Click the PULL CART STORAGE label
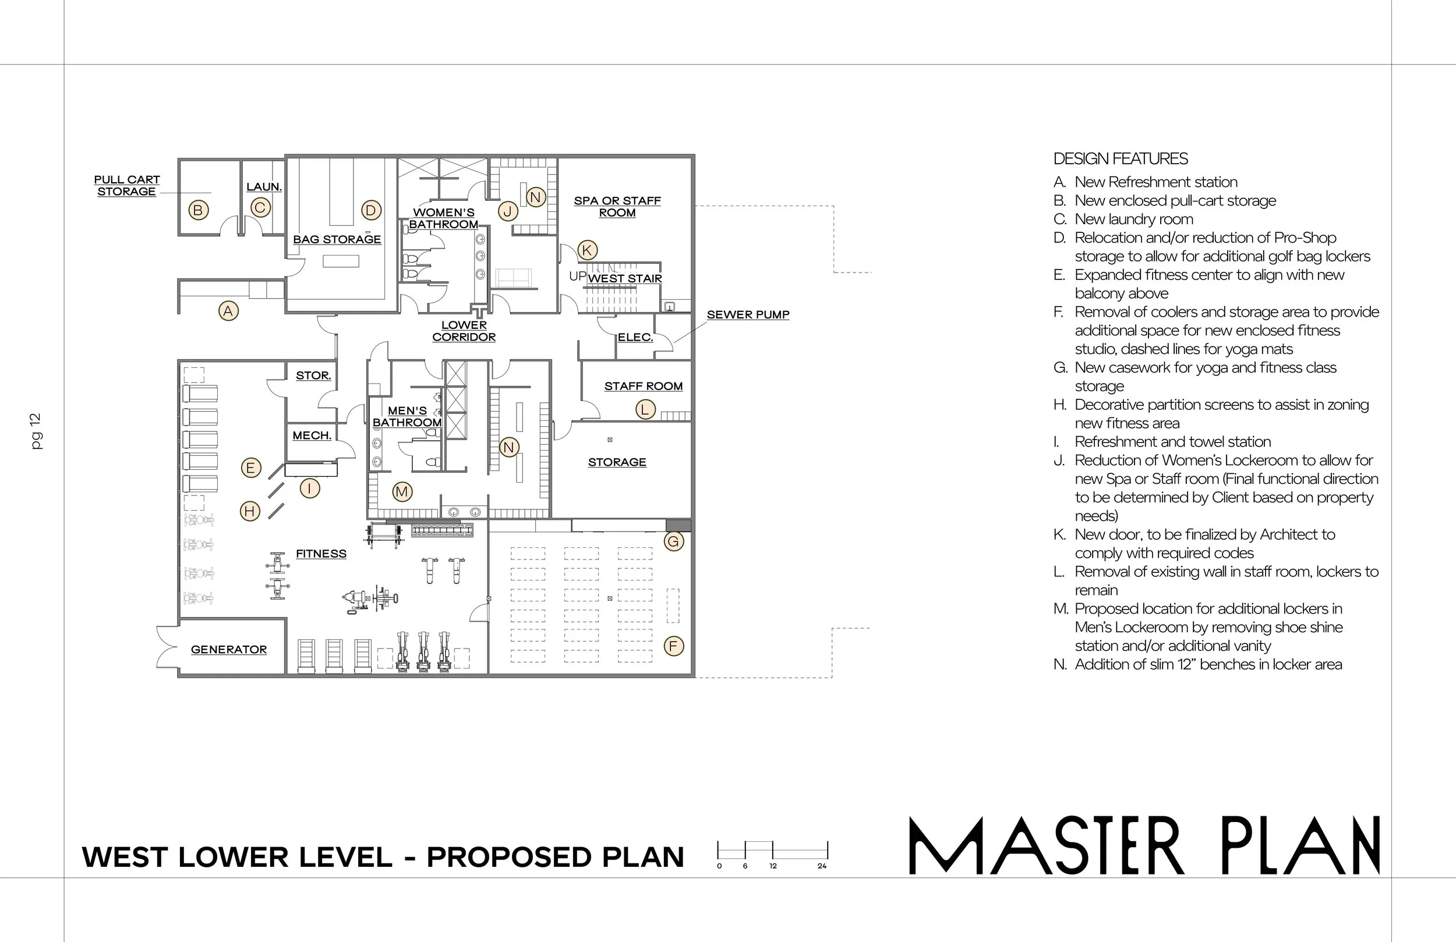click(126, 185)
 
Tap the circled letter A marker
click(228, 311)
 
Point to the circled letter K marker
click(586, 250)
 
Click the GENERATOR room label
click(229, 649)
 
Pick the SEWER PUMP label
click(748, 314)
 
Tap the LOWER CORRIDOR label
click(464, 331)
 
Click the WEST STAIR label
click(625, 278)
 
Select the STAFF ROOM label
click(644, 386)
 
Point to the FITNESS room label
click(321, 554)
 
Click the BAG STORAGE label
click(337, 239)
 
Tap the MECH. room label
click(312, 435)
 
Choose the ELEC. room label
click(635, 337)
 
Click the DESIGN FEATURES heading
click(1120, 158)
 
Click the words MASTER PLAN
click(1144, 845)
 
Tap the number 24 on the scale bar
click(822, 866)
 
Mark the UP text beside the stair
click(578, 276)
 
